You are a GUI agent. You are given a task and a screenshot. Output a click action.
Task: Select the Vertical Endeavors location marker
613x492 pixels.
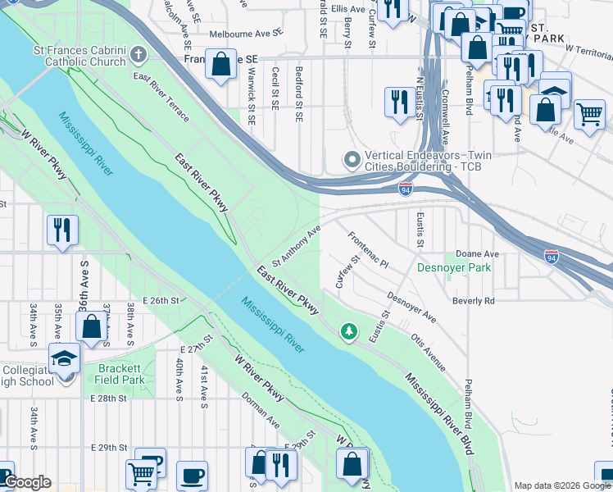[352, 159]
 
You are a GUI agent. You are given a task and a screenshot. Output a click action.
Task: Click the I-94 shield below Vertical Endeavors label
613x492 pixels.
[406, 189]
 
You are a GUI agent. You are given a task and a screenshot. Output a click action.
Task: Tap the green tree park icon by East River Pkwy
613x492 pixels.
[350, 330]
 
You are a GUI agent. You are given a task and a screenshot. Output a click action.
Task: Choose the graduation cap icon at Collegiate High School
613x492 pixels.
[64, 358]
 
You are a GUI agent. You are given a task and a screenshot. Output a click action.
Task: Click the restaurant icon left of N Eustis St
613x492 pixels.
[400, 102]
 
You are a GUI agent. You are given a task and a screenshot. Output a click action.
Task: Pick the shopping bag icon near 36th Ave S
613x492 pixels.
[92, 326]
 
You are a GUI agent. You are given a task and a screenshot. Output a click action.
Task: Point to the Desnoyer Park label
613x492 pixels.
[453, 268]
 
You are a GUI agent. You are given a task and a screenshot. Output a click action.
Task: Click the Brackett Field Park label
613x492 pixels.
[121, 375]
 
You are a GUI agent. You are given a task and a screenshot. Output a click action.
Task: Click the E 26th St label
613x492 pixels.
[161, 301]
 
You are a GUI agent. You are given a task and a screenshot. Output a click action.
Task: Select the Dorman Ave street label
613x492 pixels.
[261, 412]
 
